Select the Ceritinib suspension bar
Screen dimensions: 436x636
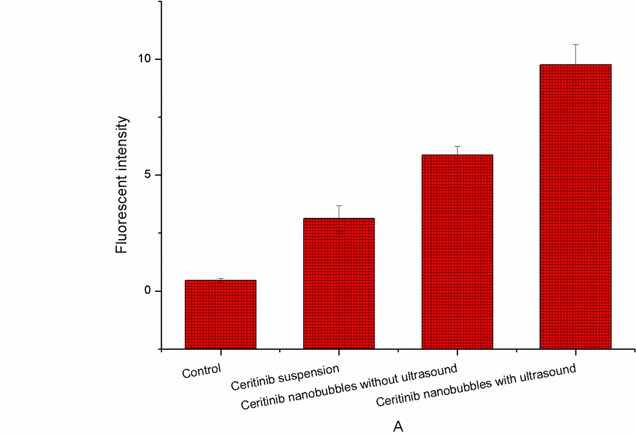pyautogui.click(x=339, y=283)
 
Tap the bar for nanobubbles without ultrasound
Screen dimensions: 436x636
pyautogui.click(x=457, y=251)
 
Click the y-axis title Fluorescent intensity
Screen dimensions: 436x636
pyautogui.click(x=123, y=185)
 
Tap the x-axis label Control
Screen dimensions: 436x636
pyautogui.click(x=201, y=371)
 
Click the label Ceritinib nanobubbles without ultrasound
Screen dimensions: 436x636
pyautogui.click(x=349, y=386)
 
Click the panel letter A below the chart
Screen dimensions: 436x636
pyautogui.click(x=398, y=427)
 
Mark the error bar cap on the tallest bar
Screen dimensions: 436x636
pyautogui.click(x=575, y=44)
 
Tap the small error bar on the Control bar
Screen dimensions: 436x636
pyautogui.click(x=220, y=279)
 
